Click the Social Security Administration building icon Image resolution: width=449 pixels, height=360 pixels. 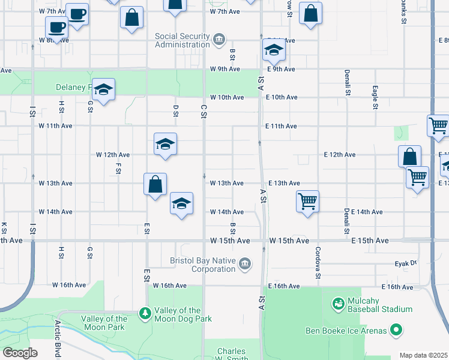219,40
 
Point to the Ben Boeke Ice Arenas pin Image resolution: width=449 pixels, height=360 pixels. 396,329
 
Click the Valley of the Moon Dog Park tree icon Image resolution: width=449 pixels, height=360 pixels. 145,313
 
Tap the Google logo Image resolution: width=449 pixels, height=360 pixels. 20,353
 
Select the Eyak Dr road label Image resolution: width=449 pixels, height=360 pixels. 405,263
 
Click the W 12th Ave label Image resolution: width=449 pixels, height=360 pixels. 114,155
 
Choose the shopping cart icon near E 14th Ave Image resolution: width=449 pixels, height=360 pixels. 307,202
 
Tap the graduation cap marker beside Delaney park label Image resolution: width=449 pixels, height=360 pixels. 104,90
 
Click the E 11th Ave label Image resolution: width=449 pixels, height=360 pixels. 281,127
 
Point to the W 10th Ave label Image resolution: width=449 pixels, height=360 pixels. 227,97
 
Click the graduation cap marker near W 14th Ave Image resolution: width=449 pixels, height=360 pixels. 181,203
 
